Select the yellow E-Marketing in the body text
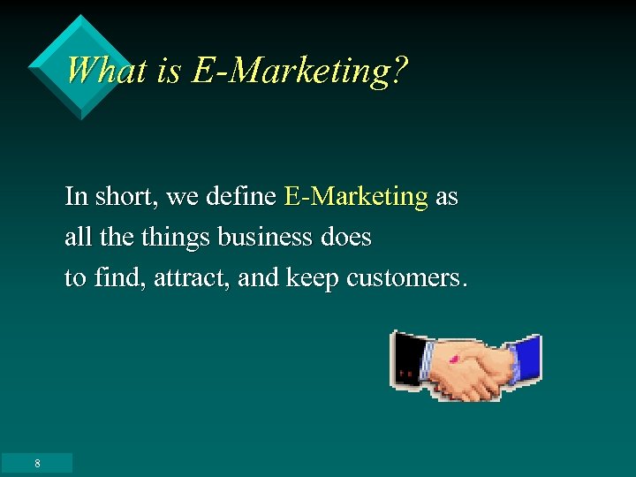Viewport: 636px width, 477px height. point(356,196)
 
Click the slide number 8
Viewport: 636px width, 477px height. point(37,464)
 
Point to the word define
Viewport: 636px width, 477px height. point(240,196)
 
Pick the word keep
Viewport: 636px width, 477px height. point(312,278)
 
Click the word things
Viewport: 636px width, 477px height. point(178,238)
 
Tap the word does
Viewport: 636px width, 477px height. point(346,238)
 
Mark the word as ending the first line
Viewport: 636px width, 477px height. point(446,196)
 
